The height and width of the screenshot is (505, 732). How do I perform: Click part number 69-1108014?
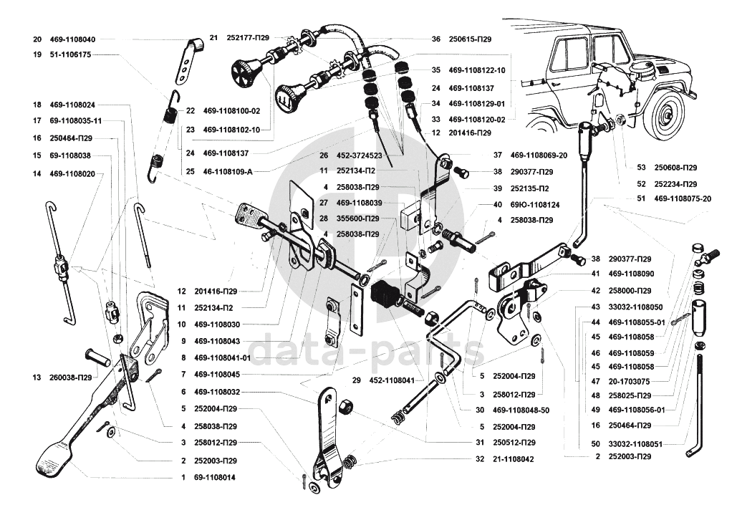(x=215, y=478)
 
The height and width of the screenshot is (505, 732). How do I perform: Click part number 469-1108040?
(x=72, y=39)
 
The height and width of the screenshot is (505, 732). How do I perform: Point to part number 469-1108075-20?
(x=683, y=198)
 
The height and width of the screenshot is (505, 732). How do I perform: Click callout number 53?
(x=642, y=168)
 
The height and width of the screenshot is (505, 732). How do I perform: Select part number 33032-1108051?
(x=635, y=444)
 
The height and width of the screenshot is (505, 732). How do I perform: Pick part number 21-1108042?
(x=514, y=458)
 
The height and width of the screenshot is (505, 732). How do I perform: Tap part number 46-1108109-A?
(x=228, y=171)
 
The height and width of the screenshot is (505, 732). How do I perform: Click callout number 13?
(x=37, y=377)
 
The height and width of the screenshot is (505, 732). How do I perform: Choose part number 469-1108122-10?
(x=477, y=70)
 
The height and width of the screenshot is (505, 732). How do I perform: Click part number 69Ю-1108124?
(x=535, y=204)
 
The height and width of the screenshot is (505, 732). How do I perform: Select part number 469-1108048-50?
(x=521, y=410)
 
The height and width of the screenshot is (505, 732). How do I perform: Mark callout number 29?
(x=357, y=380)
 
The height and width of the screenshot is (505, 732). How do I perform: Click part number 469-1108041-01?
(x=223, y=357)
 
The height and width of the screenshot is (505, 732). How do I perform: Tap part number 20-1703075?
(x=629, y=381)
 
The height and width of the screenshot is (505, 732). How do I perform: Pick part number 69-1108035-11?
(x=76, y=120)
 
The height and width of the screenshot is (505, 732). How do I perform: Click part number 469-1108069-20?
(x=539, y=155)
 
